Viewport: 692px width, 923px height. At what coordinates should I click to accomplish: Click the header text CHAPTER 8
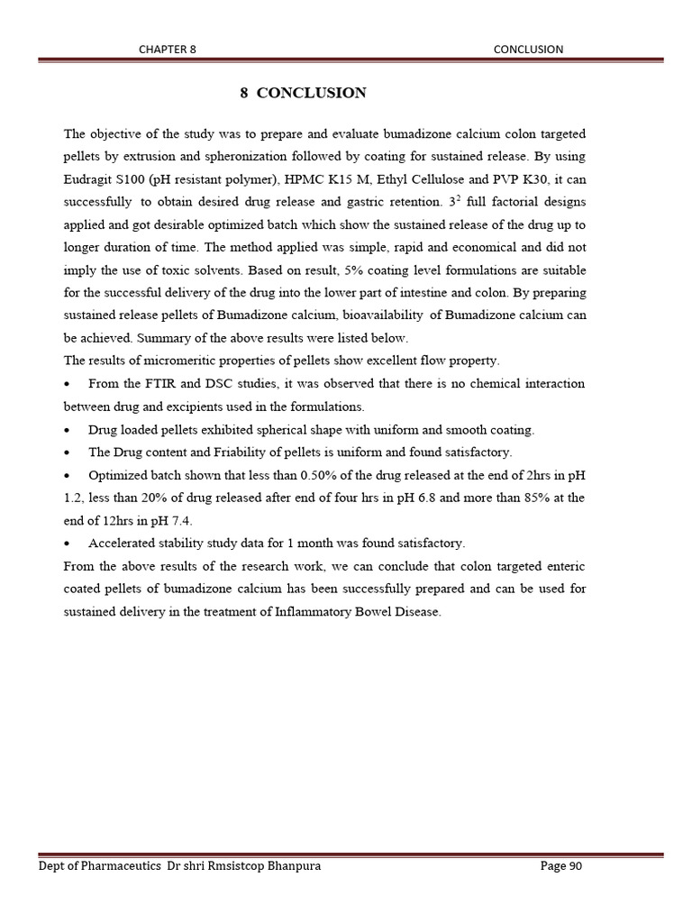coord(167,50)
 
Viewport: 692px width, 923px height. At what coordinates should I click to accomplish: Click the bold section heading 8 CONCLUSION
coord(303,93)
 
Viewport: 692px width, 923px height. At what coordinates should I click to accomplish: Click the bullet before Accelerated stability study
coord(68,544)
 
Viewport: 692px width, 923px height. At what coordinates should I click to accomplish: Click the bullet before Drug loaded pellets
coord(68,429)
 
